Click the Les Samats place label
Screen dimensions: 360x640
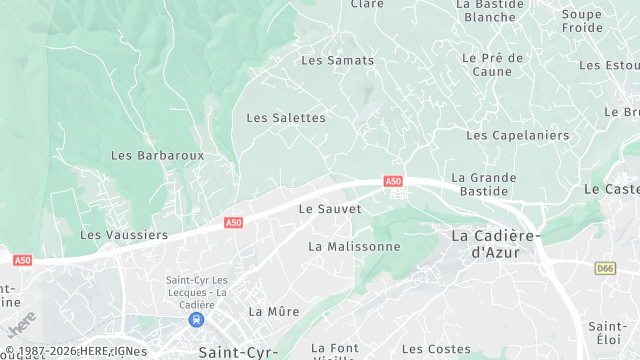[x=337, y=60]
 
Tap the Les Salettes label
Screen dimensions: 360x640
[x=286, y=118]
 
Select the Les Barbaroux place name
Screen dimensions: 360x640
[x=157, y=156]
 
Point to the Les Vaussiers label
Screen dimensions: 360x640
[x=124, y=235]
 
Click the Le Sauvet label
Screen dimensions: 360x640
[x=330, y=209]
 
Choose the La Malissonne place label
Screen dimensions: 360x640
[x=354, y=246]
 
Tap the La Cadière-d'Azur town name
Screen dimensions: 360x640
[x=495, y=244]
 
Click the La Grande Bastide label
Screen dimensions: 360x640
[x=484, y=184]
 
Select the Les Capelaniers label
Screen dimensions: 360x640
[x=517, y=135]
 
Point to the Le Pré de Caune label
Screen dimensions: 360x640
[x=493, y=65]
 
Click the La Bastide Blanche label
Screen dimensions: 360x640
[x=490, y=10]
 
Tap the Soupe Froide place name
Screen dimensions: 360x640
[x=582, y=21]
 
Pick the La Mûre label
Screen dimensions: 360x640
[x=274, y=312]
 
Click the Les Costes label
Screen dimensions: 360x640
[x=436, y=350]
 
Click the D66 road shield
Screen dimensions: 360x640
[x=605, y=268]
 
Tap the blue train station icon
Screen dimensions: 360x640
[x=196, y=320]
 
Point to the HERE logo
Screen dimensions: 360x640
[x=21, y=324]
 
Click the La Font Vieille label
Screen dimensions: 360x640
[x=334, y=351]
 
